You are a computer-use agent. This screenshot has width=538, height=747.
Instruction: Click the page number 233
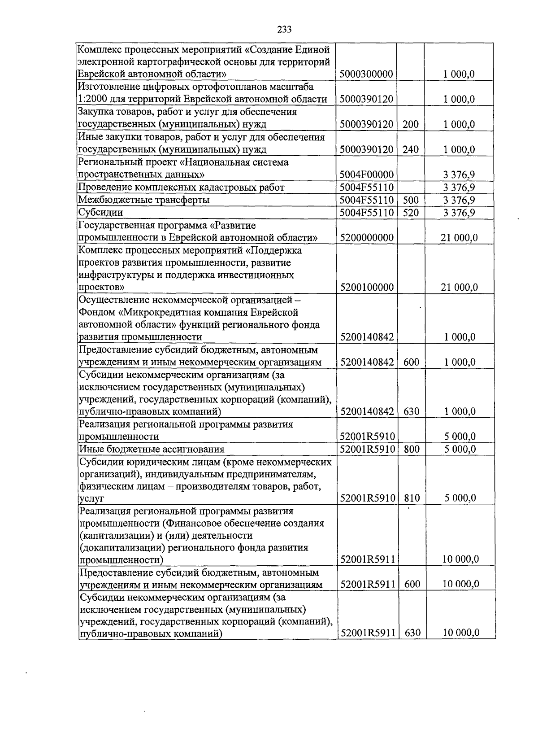[284, 30]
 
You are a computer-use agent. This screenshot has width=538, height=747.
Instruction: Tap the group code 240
[410, 149]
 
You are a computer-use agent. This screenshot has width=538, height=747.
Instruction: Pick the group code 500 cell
[410, 200]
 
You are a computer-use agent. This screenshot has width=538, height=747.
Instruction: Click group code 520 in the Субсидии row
[410, 213]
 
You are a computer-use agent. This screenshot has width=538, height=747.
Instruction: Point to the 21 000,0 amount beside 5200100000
[459, 288]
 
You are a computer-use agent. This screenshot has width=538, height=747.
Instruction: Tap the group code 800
[411, 449]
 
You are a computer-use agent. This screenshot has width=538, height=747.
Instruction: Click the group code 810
[411, 498]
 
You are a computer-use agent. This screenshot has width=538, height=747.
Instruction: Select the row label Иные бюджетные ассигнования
[152, 449]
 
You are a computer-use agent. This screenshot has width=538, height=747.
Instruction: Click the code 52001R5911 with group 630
[368, 633]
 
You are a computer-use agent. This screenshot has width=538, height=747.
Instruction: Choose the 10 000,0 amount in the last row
[460, 633]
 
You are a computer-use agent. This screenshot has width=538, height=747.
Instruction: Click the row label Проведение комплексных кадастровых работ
[181, 188]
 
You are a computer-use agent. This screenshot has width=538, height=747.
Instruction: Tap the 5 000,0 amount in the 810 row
[460, 498]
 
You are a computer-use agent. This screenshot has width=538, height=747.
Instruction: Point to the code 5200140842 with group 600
[367, 362]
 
